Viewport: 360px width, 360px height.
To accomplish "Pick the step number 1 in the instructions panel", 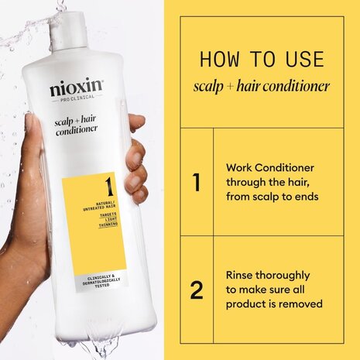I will point(197,183).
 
